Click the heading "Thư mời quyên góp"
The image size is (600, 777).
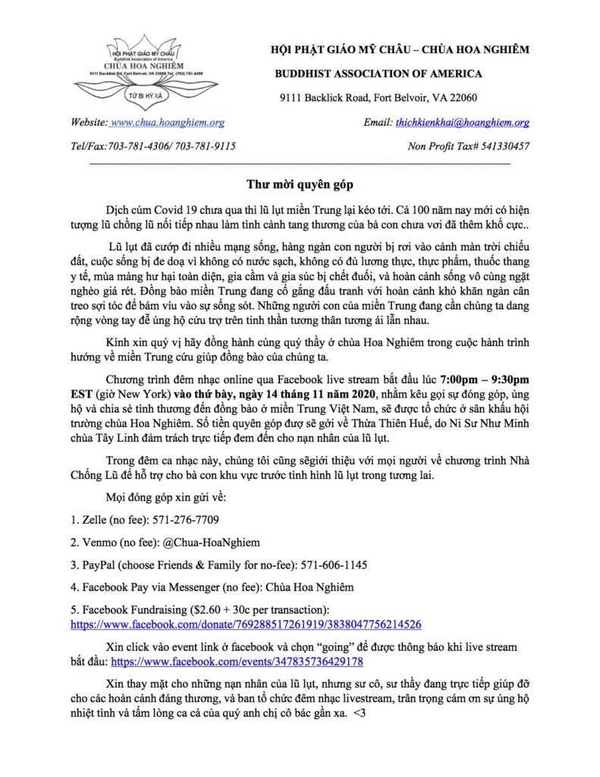[300, 184]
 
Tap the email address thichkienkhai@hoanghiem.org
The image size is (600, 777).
[462, 122]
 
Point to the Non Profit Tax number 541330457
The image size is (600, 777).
[500, 146]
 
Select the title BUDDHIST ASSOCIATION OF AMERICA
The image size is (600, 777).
[378, 74]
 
